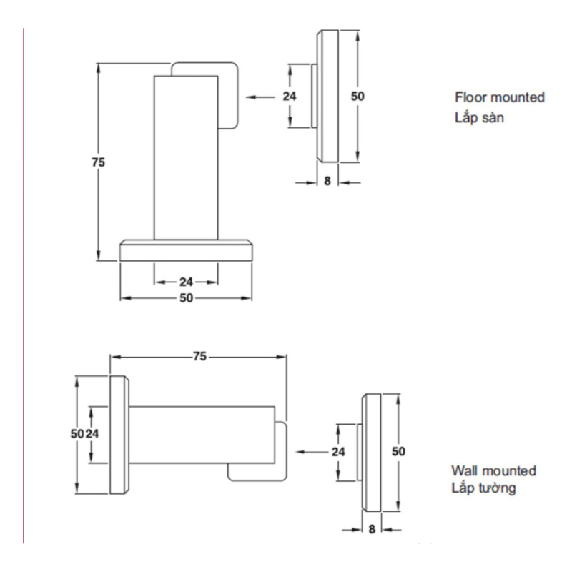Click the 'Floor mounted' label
(x=500, y=97)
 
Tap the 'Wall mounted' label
(x=493, y=470)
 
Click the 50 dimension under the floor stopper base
(x=186, y=297)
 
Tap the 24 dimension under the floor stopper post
(x=186, y=281)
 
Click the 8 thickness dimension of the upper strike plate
(x=327, y=182)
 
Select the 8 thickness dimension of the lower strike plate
(x=372, y=530)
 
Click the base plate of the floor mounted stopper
(x=186, y=250)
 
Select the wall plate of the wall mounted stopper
(x=119, y=435)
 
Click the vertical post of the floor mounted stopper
(x=185, y=157)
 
